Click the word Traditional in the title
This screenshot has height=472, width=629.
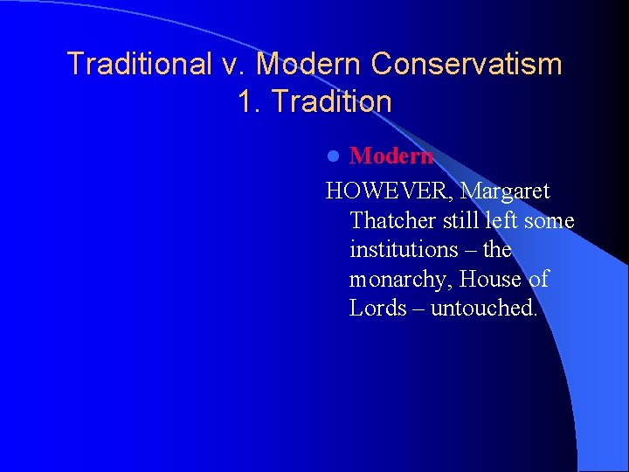point(137,64)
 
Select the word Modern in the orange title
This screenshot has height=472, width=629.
point(310,64)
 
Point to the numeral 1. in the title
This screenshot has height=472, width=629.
point(250,102)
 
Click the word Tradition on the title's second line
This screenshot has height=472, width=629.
point(331,102)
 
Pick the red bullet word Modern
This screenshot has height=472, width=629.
point(391,156)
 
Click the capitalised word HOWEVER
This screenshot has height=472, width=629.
point(389,191)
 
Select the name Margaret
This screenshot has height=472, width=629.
point(506,191)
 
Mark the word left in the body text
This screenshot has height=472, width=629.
point(495,220)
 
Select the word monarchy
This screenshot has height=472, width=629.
point(400,280)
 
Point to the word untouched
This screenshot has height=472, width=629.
point(484,309)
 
